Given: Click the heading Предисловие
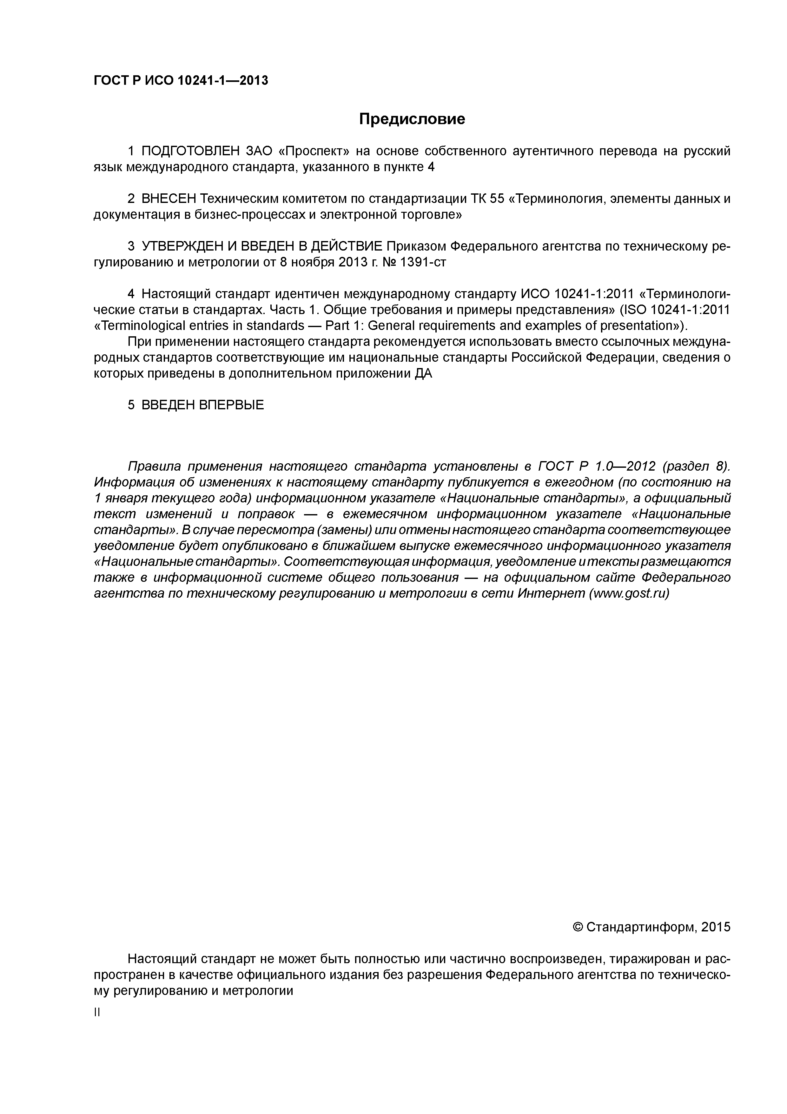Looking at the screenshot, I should click(x=412, y=119).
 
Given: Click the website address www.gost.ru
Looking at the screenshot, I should click(x=628, y=594).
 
